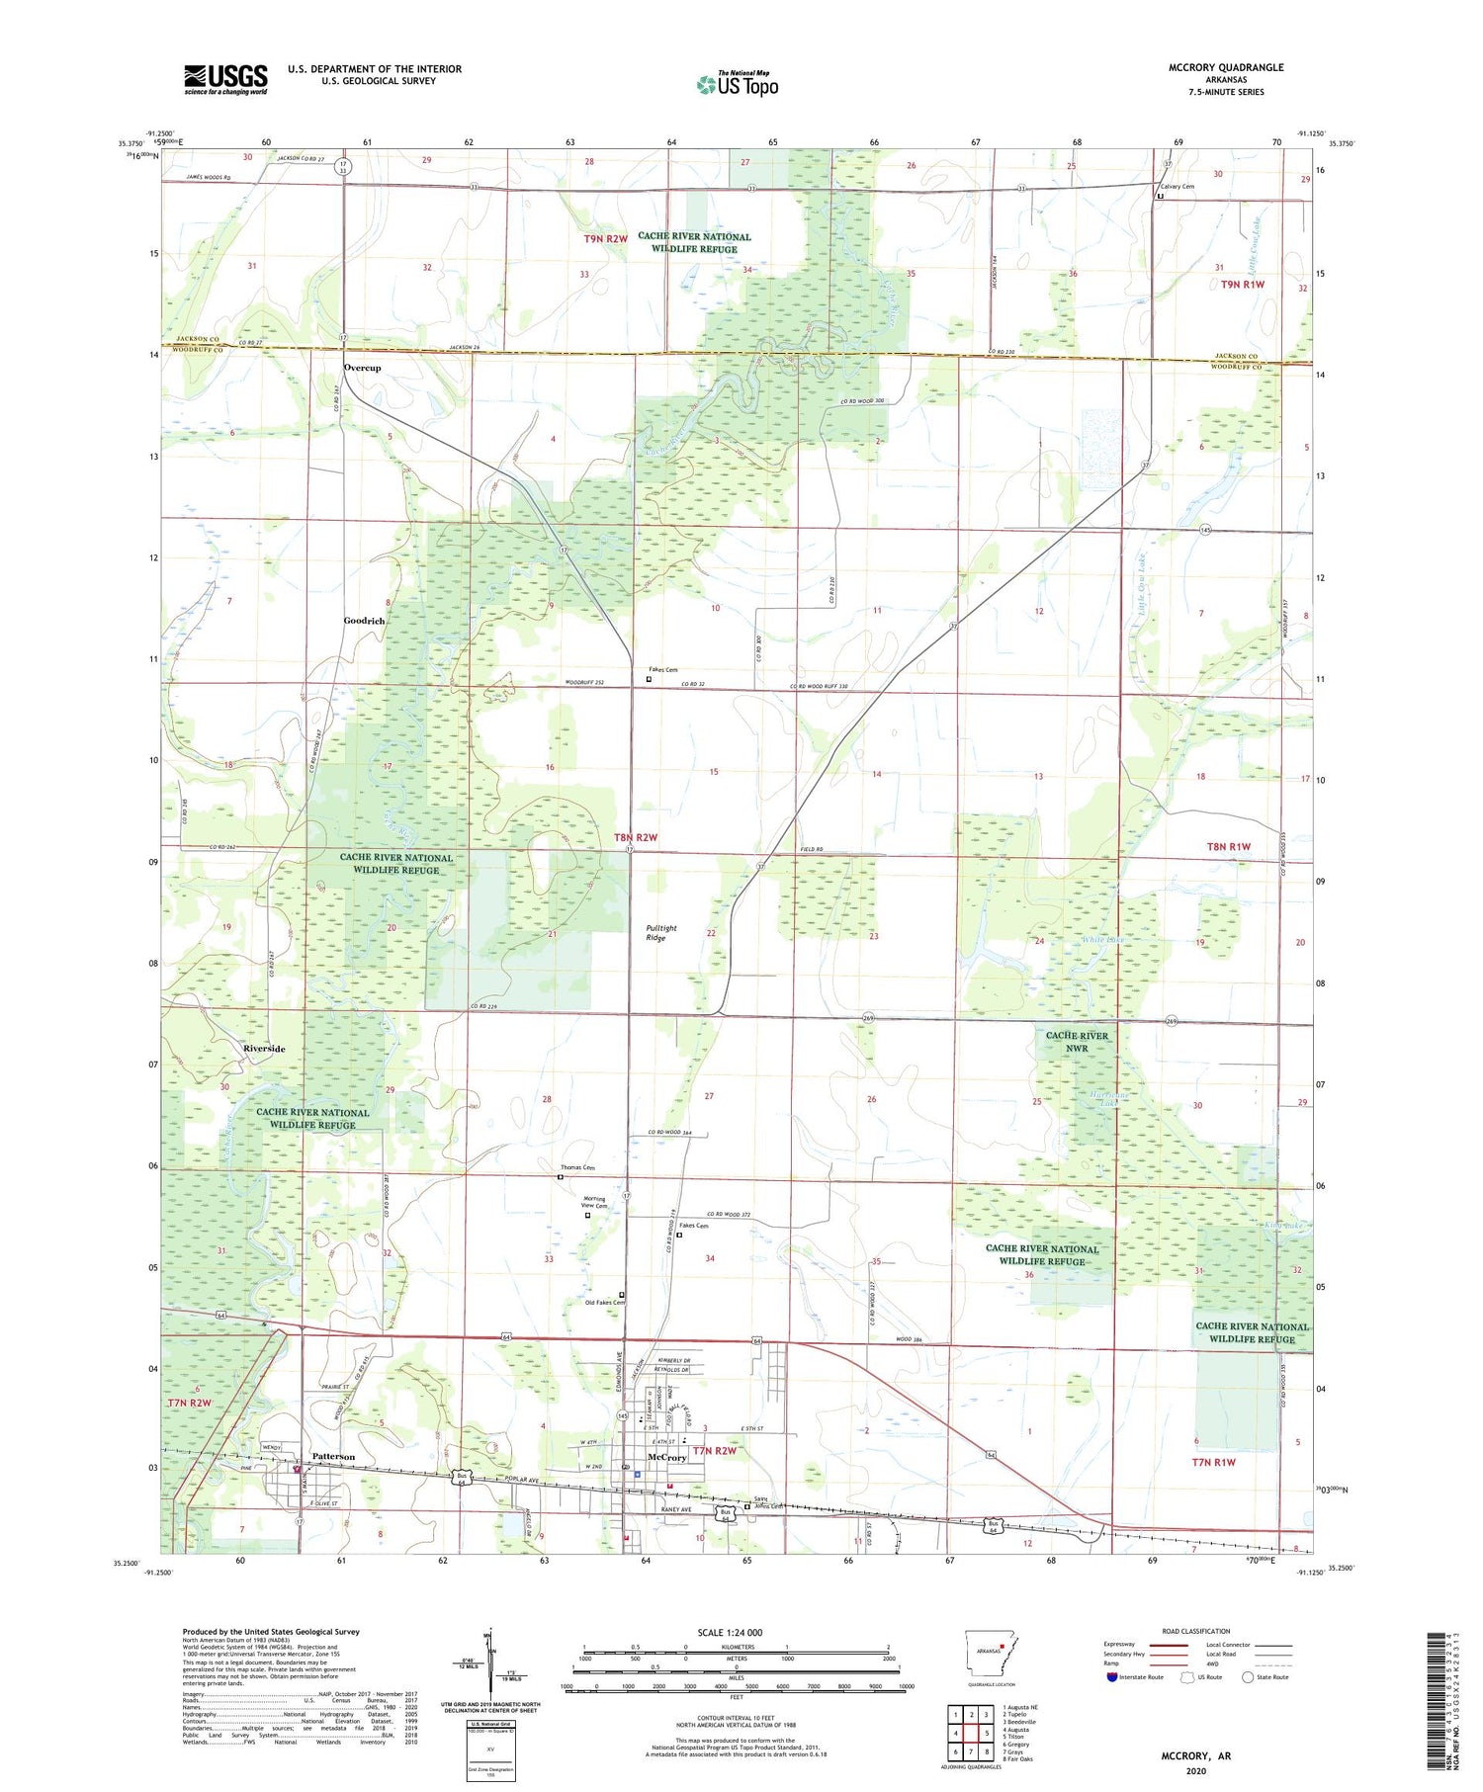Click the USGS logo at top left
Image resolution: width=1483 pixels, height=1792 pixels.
point(225,79)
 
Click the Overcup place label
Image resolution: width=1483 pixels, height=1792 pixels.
point(362,368)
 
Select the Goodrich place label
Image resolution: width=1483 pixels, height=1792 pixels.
point(364,621)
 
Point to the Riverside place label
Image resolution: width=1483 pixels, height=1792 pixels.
point(264,1049)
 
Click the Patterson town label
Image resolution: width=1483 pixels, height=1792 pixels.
point(333,1456)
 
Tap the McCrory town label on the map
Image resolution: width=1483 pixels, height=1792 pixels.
point(665,1458)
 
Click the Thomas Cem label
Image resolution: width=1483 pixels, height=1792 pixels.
point(578,1168)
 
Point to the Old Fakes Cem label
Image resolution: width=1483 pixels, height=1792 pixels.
point(605,1303)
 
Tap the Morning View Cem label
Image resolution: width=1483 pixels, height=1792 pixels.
point(593,1202)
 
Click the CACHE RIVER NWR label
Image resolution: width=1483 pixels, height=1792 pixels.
point(1077,1042)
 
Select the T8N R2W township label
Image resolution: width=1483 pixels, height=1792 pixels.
point(636,837)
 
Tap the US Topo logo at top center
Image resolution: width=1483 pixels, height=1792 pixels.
point(737,84)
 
